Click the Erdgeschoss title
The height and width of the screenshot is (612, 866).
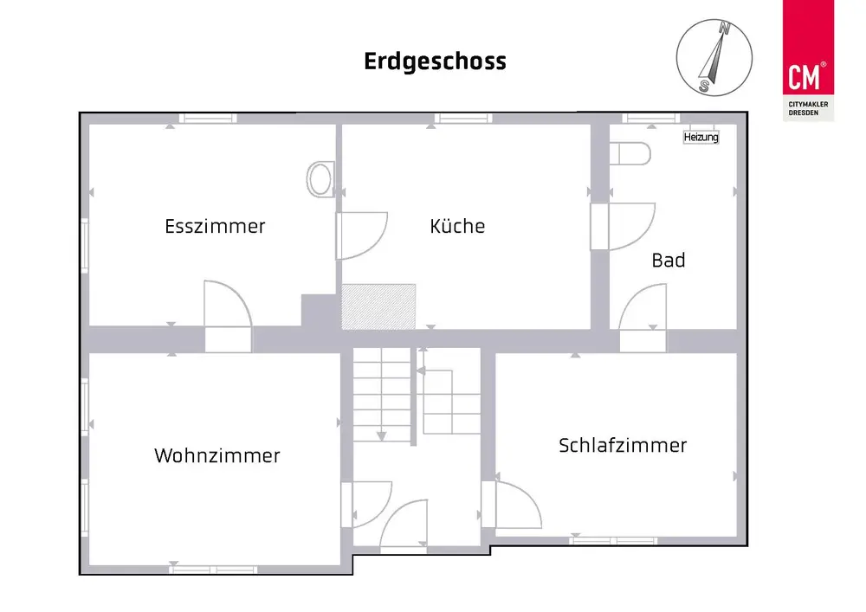click(435, 61)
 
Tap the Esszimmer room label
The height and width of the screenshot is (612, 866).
click(215, 227)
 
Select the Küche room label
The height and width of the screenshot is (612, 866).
click(457, 227)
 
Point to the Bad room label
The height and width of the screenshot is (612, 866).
click(669, 260)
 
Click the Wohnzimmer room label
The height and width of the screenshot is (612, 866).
click(217, 455)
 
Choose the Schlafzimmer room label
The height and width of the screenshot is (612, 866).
click(623, 445)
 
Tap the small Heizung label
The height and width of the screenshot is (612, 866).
click(701, 138)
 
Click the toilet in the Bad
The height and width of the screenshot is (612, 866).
click(630, 154)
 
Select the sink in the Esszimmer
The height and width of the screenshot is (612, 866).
click(319, 179)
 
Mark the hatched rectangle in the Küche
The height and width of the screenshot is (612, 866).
click(378, 306)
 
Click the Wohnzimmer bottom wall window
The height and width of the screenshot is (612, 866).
click(213, 569)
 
